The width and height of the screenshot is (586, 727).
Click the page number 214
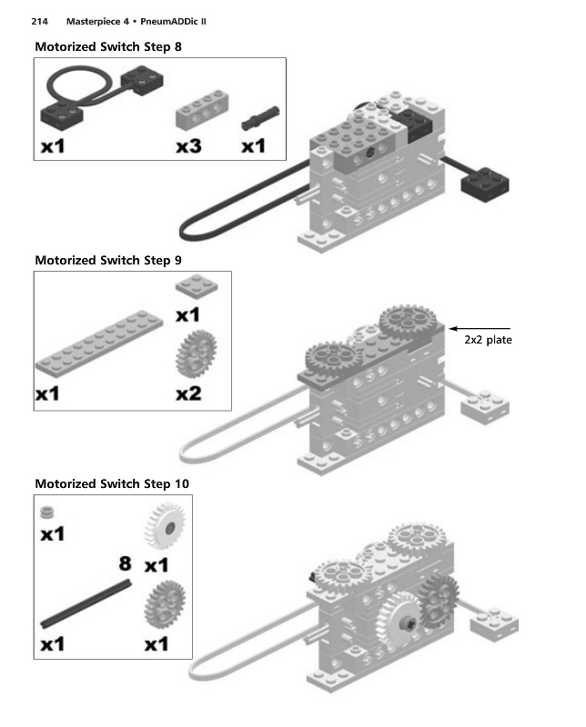click(39, 21)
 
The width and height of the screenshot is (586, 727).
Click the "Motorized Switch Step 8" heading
click(108, 47)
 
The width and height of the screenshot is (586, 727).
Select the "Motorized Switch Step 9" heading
click(108, 261)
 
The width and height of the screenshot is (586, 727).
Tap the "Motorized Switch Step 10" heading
click(112, 484)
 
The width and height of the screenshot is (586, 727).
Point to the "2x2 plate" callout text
click(488, 340)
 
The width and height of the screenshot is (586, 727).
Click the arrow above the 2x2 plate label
click(480, 329)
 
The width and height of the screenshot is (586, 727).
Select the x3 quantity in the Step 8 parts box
click(188, 146)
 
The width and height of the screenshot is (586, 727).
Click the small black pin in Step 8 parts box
click(260, 118)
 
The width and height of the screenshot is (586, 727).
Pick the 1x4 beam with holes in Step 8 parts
click(202, 110)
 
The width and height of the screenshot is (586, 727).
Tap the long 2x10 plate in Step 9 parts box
click(99, 343)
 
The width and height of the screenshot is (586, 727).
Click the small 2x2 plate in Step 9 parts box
click(197, 284)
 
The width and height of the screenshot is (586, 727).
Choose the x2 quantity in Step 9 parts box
click(188, 394)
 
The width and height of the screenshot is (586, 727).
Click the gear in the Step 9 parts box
click(196, 354)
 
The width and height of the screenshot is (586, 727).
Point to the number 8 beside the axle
click(125, 563)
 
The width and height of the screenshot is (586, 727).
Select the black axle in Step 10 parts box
click(86, 604)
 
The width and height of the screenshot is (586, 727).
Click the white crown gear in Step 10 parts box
click(166, 527)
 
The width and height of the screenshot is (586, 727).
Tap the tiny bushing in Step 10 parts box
click(47, 512)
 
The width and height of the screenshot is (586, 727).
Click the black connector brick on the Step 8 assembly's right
click(485, 184)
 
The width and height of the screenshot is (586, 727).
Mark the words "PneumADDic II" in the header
click(173, 21)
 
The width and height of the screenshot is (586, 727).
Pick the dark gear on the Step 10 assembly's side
click(439, 601)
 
